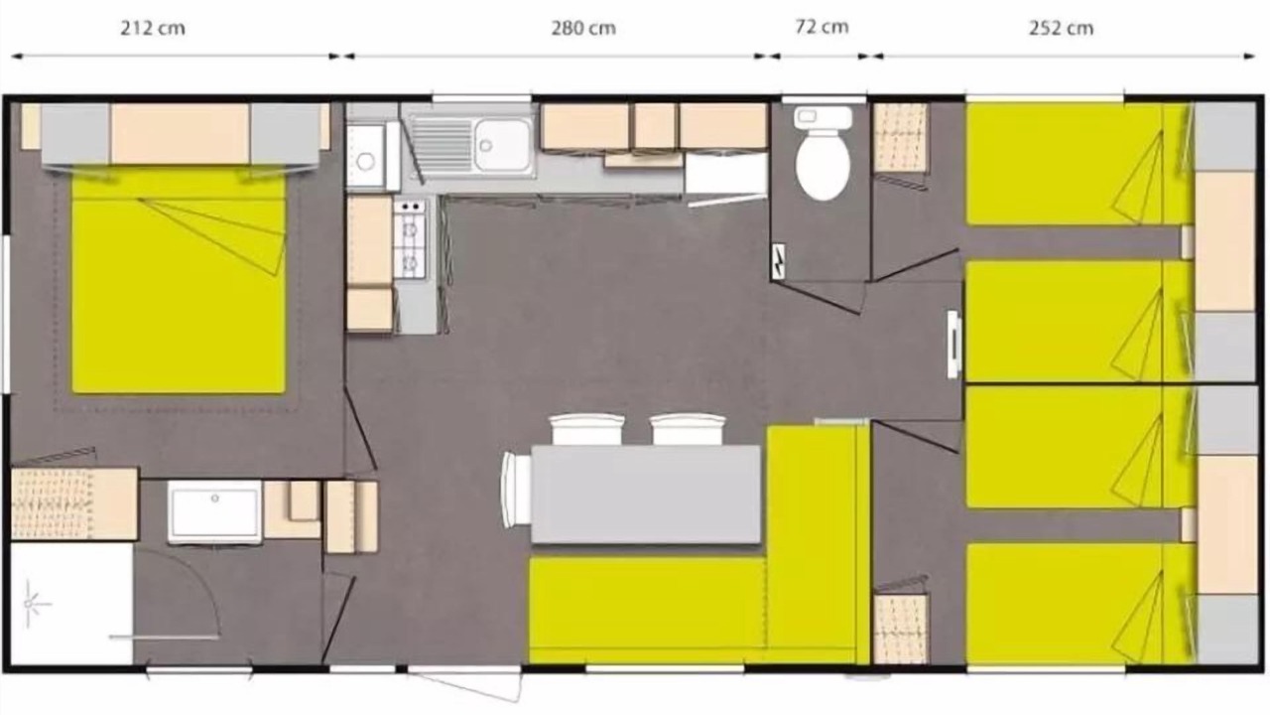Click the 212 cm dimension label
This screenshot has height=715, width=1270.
click(x=153, y=28)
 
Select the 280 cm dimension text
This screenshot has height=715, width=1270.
click(x=583, y=28)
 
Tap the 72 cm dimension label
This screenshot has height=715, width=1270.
click(x=822, y=27)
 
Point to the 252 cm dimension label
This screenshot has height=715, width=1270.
click(x=1061, y=28)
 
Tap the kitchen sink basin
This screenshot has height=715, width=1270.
click(x=503, y=145)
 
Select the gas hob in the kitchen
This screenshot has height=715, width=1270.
click(x=410, y=238)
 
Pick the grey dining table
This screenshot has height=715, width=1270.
click(x=645, y=495)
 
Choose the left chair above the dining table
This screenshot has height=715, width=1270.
click(x=586, y=430)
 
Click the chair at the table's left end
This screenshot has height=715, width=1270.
click(x=516, y=490)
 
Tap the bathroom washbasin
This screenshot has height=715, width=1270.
click(x=215, y=511)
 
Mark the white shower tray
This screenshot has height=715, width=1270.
click(x=72, y=604)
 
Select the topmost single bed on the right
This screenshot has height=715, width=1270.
click(x=1078, y=164)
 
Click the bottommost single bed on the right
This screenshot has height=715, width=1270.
click(x=1078, y=603)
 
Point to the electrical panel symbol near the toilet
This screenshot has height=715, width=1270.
click(x=779, y=261)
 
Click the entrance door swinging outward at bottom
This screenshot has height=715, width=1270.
click(x=463, y=683)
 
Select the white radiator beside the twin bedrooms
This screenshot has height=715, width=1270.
click(x=954, y=345)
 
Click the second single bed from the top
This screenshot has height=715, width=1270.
click(x=1078, y=321)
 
